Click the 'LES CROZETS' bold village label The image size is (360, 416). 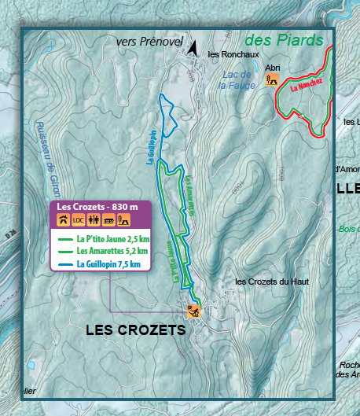pos(135,330)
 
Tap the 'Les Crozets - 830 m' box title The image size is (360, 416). pos(97,207)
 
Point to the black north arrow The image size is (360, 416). pos(192,49)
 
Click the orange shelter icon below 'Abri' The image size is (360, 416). pos(273,79)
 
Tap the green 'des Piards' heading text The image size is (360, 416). pos(284,39)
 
